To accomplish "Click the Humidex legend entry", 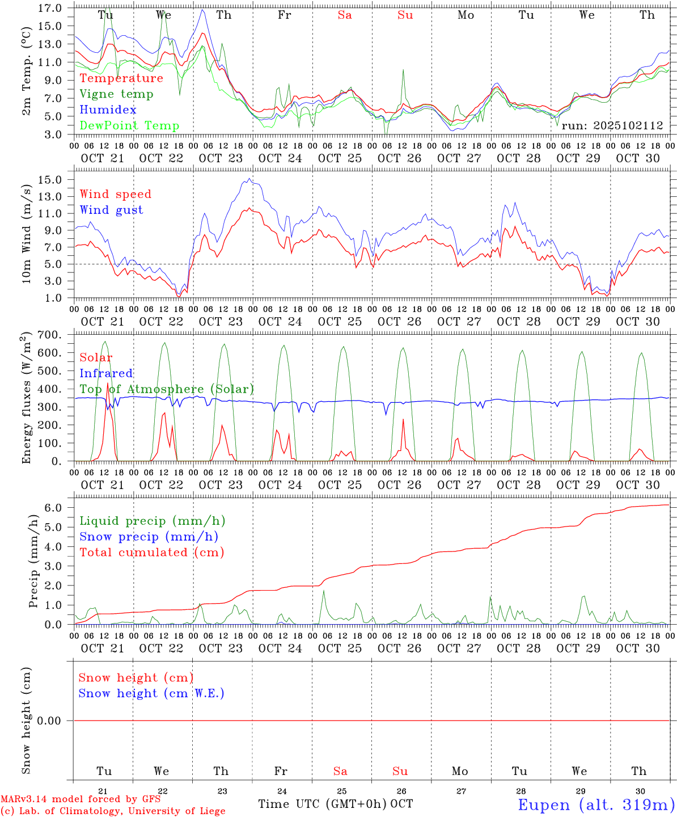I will click(108, 110).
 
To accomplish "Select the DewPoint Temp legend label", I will click(129, 126).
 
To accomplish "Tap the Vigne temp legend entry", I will click(116, 94).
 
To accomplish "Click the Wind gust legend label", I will click(111, 210).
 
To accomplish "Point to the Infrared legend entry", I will click(106, 373).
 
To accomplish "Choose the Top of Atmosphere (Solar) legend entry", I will click(167, 389).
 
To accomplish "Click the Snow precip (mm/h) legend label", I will click(149, 537).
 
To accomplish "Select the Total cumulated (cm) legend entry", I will click(151, 553).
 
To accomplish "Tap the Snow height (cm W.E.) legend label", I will click(151, 693).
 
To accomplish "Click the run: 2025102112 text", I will click(612, 126).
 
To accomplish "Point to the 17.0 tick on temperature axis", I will click(51, 8).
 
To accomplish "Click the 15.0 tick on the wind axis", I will click(51, 180).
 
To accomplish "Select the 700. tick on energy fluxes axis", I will click(49, 335).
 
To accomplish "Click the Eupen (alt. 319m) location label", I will click(596, 805).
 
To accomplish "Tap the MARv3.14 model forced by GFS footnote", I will click(80, 799).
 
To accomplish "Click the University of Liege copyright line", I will click(113, 811).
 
